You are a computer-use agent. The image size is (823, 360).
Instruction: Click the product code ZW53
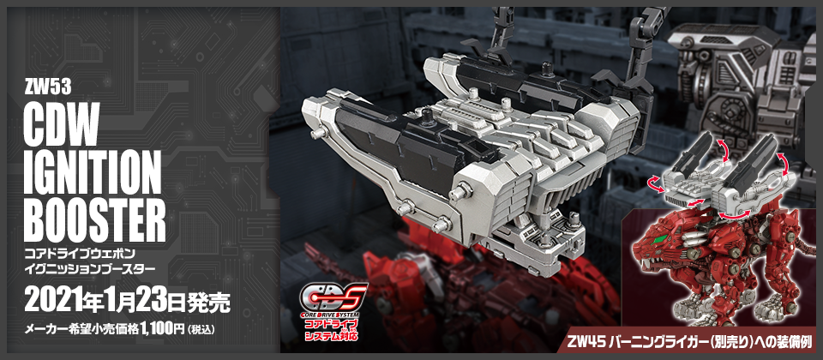click(48, 88)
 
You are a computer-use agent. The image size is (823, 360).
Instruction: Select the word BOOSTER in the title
click(95, 220)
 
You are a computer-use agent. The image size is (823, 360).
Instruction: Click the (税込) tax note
click(201, 330)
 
